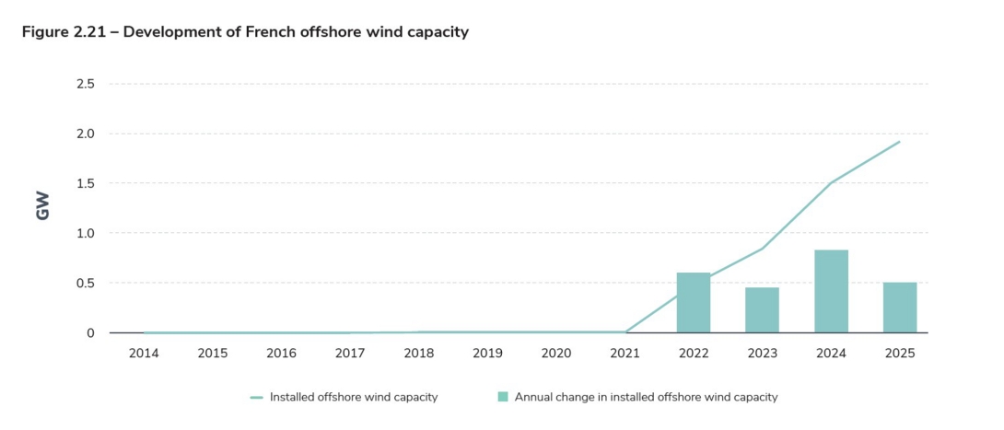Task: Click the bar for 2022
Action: point(693,303)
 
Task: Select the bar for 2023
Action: point(762,310)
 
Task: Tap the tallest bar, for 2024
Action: point(831,291)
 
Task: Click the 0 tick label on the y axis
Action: point(90,333)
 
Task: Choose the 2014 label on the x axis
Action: point(144,354)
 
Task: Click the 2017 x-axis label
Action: point(350,354)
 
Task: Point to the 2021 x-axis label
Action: point(625,354)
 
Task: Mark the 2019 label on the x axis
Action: point(487,354)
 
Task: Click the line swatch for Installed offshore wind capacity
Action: point(257,398)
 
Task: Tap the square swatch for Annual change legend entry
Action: point(503,398)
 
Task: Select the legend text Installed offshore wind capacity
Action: point(354,398)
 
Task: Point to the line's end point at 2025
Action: point(899,142)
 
